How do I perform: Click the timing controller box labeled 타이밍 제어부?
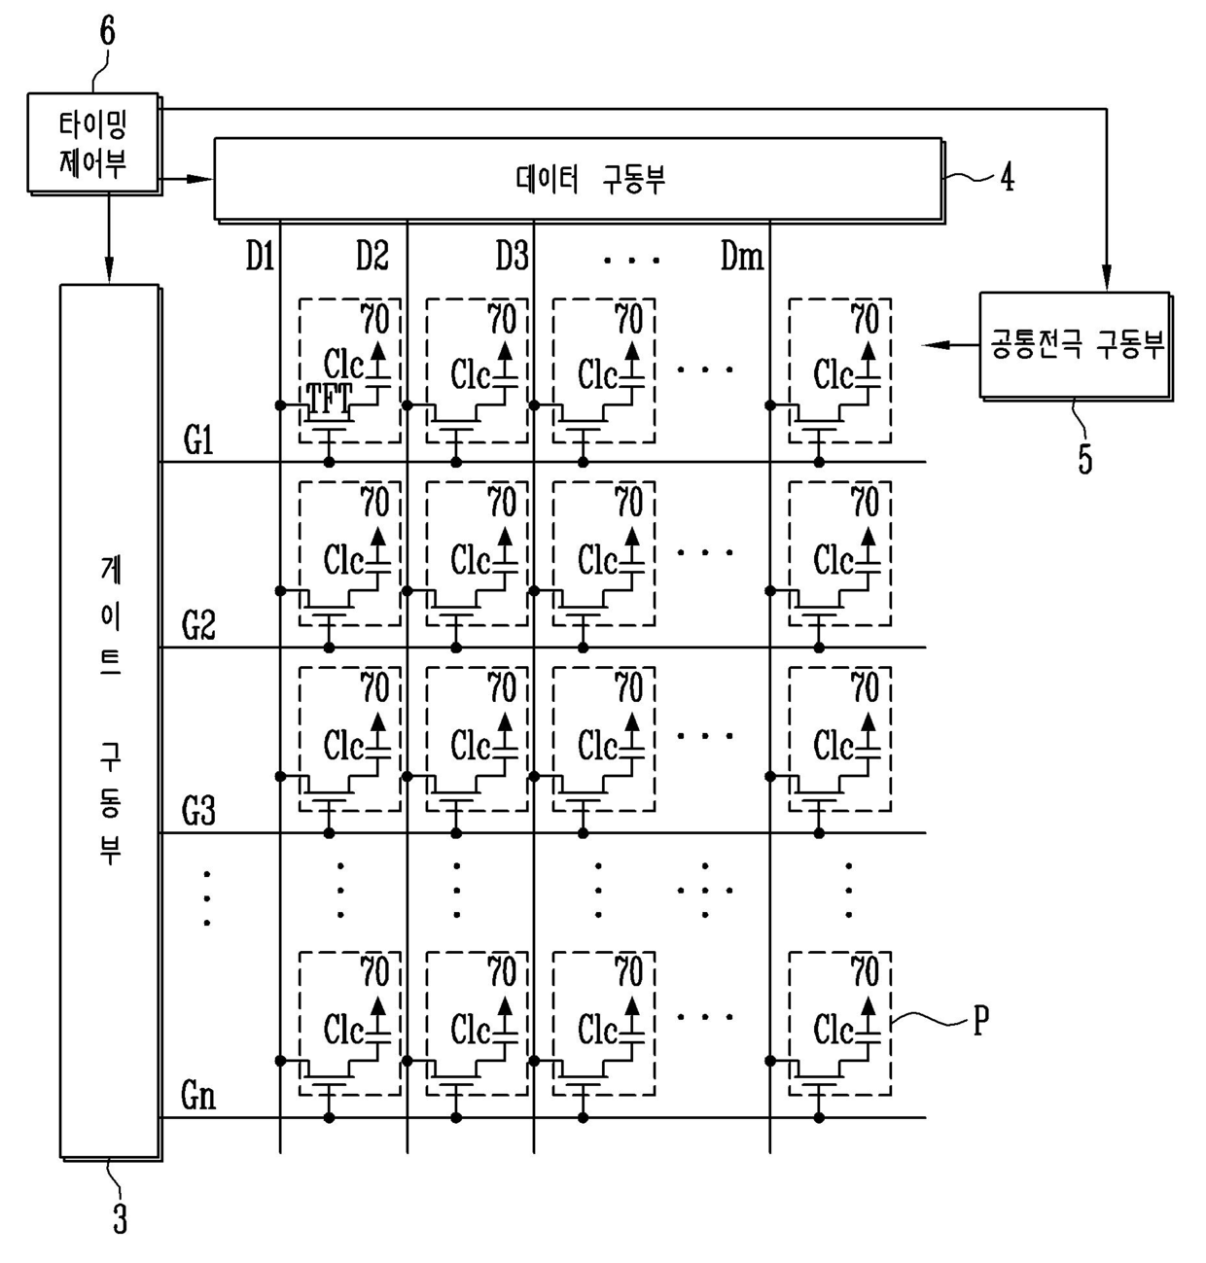92,143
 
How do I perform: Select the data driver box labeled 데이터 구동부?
578,179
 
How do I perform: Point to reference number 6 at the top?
107,31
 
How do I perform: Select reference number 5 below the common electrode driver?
1085,458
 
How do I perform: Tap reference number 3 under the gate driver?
120,1218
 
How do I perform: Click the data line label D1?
259,258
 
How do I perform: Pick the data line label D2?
372,258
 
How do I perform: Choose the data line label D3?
512,258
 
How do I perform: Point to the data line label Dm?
741,258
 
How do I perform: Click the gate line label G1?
198,441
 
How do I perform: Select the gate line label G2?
198,627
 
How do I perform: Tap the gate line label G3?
198,812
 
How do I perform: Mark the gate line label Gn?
198,1097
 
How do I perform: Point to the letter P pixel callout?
980,1020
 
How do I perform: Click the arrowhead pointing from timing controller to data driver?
201,179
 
